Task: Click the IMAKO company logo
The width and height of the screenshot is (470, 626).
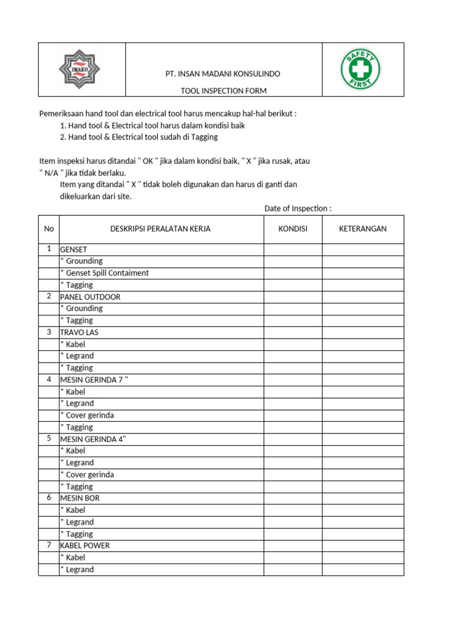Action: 79,70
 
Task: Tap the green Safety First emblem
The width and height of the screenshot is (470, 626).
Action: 360,70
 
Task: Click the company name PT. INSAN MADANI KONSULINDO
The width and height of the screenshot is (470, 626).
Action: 223,74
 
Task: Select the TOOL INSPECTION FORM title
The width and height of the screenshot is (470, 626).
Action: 223,91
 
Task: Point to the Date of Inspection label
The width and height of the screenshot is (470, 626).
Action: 297,208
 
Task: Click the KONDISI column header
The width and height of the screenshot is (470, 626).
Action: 293,229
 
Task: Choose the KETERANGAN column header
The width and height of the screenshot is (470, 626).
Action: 362,229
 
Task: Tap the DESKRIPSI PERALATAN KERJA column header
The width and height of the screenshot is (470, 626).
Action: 160,229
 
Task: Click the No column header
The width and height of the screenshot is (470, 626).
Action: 49,229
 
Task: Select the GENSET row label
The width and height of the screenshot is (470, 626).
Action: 73,249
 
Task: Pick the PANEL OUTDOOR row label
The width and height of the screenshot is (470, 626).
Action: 90,297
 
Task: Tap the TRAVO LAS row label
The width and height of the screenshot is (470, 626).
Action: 79,333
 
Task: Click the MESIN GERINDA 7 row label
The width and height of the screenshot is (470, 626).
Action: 94,380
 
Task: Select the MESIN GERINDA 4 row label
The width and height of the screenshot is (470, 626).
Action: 93,439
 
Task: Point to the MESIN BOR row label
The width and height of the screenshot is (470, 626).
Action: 80,498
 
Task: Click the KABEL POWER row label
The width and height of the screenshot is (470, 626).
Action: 84,545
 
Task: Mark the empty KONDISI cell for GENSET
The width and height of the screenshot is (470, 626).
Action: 293,249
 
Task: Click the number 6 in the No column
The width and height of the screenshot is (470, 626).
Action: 49,498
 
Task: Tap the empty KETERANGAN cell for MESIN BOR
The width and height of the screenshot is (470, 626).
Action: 362,498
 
